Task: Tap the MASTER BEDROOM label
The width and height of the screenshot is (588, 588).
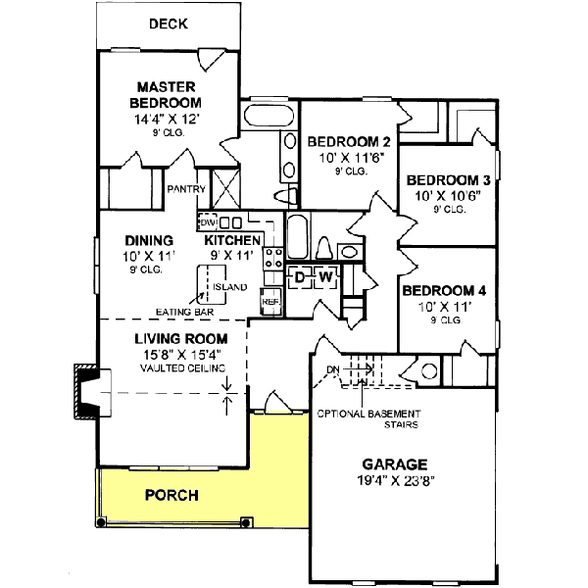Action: coord(168,94)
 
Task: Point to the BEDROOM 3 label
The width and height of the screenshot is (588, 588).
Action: coord(448,180)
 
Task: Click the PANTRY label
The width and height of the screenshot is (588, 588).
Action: coord(184,188)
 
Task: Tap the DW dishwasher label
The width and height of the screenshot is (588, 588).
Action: coord(207,221)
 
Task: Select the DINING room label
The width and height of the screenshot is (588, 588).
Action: coord(149,240)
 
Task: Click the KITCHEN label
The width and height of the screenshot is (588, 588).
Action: coord(232,240)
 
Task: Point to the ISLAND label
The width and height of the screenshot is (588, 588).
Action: coord(232,287)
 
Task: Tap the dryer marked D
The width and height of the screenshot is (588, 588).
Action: coord(301,278)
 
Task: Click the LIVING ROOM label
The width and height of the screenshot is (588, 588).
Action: coord(177,339)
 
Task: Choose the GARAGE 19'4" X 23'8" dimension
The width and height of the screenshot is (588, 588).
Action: coord(396,480)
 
